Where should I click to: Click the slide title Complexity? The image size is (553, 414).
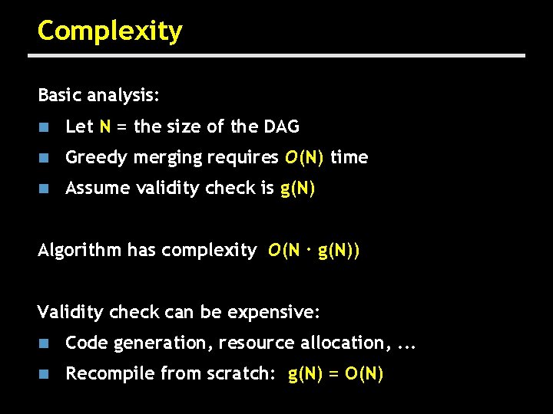click(x=110, y=31)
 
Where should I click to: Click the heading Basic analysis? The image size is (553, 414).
click(x=98, y=96)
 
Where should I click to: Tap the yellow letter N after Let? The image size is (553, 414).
click(x=104, y=127)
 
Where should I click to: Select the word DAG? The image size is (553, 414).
click(x=281, y=127)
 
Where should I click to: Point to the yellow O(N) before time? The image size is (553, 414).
click(x=304, y=158)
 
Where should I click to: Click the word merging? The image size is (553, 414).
click(x=167, y=158)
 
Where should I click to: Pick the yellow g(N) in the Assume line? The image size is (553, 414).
click(x=298, y=189)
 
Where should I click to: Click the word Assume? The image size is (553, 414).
click(x=96, y=189)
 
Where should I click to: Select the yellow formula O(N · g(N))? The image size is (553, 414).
click(x=313, y=250)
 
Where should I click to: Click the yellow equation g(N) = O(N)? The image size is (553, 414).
click(x=336, y=374)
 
